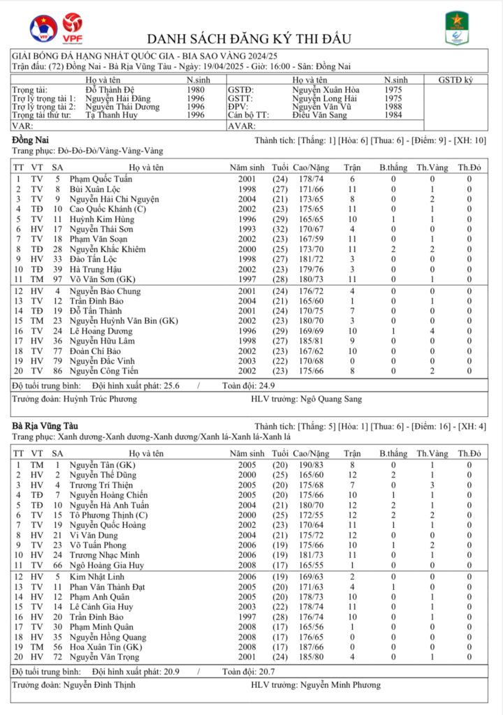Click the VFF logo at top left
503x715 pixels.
coord(43,29)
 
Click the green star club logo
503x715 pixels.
coord(457,29)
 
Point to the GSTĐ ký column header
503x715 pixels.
coord(455,80)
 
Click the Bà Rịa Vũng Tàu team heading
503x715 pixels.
coord(45,425)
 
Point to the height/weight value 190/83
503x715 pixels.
coord(310,464)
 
